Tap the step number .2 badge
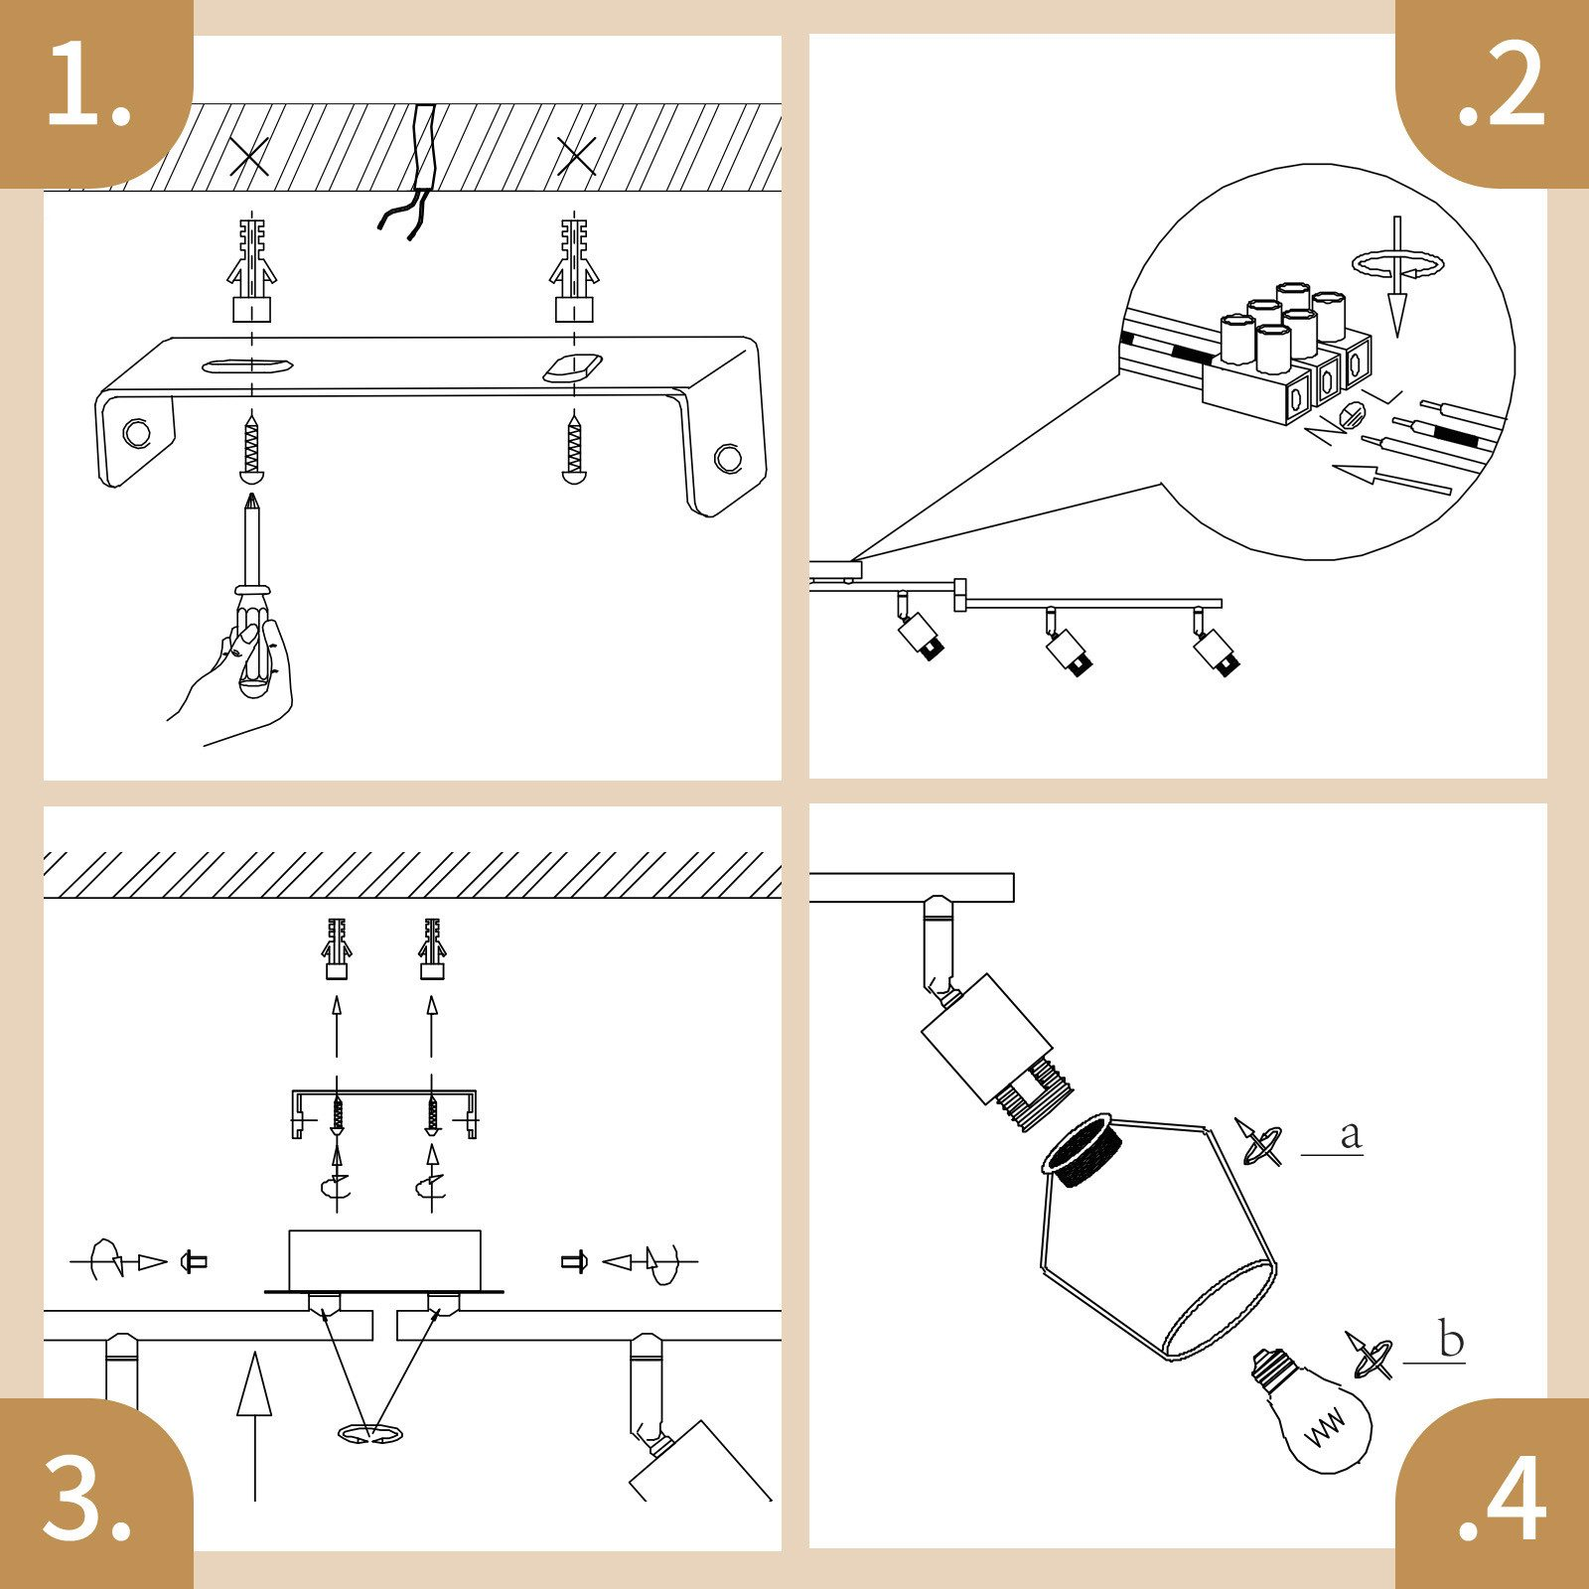tap(1500, 89)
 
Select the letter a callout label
tap(1350, 1134)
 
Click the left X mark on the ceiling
tap(248, 156)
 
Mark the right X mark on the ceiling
tap(576, 156)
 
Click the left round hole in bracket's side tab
tap(136, 433)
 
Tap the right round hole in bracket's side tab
tap(728, 458)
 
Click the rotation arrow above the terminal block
tap(1397, 264)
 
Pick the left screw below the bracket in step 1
tap(251, 452)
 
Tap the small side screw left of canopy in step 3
tap(194, 1262)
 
